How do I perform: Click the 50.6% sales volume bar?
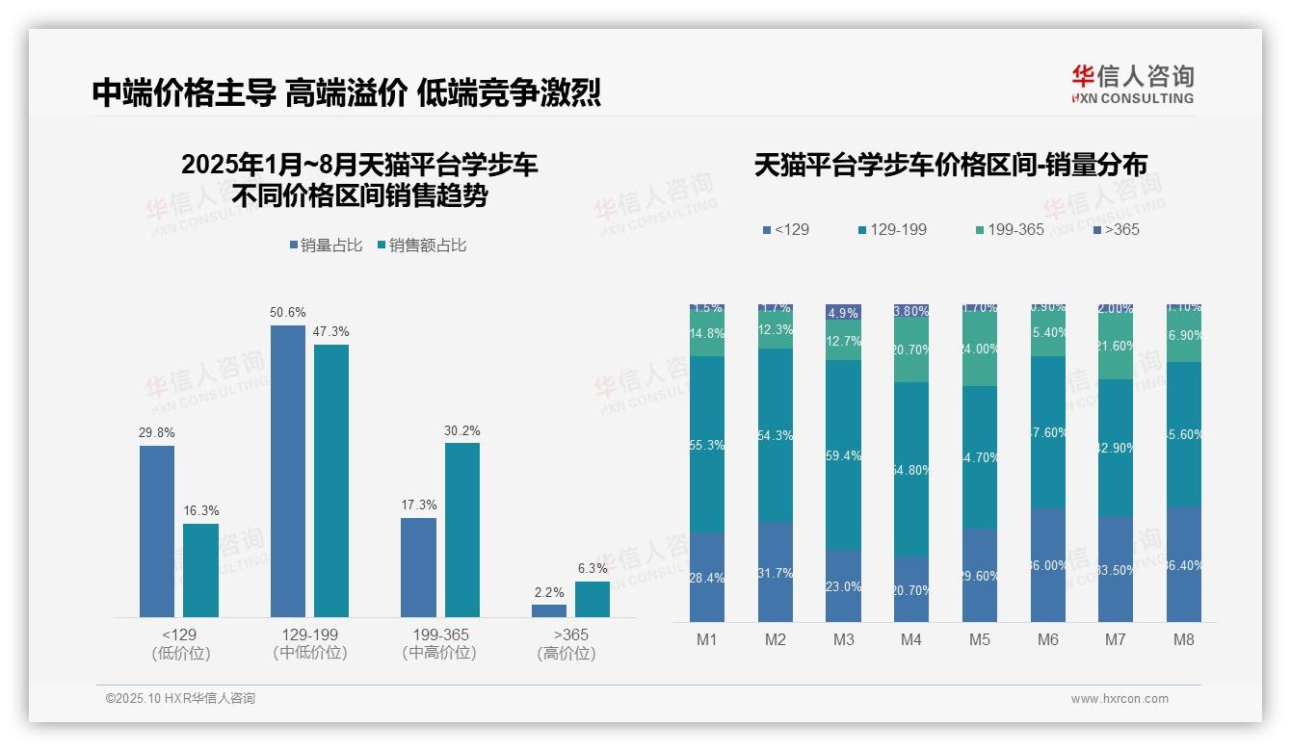tap(287, 471)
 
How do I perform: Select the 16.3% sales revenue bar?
tap(200, 570)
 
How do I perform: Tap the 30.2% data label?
tap(461, 430)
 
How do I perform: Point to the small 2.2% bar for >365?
tap(549, 610)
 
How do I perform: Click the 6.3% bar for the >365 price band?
tap(593, 599)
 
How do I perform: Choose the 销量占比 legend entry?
tap(326, 246)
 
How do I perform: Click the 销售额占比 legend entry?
tap(421, 246)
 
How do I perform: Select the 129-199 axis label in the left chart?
tap(309, 635)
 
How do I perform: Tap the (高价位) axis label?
tap(566, 654)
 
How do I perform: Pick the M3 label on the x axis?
tap(843, 640)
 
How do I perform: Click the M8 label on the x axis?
tap(1184, 640)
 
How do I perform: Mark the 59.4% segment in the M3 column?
tap(843, 454)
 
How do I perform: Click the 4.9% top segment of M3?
tap(843, 313)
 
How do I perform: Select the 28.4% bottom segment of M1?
tap(707, 577)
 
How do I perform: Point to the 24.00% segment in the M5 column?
tap(980, 349)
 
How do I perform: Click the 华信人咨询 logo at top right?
tap(1132, 84)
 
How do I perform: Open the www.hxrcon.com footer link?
tap(1120, 699)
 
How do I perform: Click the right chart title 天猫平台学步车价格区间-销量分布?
tap(950, 166)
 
